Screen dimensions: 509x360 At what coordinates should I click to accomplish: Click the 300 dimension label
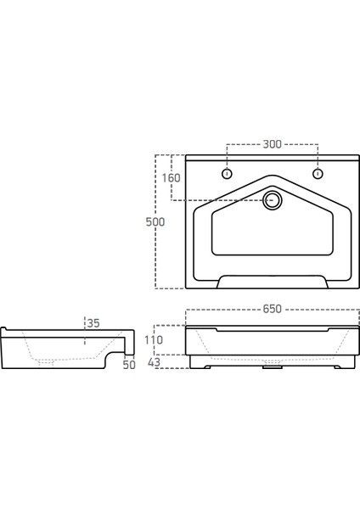[x=271, y=144]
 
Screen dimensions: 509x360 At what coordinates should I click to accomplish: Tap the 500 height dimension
[x=155, y=221]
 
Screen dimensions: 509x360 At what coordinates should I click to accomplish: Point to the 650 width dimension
[x=271, y=310]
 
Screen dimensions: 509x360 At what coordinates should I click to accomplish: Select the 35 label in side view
[x=93, y=323]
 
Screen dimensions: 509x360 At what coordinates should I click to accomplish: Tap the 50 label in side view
[x=129, y=365]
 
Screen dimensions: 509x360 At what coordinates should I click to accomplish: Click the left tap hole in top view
[x=227, y=175]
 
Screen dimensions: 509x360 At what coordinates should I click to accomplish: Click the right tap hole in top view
[x=318, y=175]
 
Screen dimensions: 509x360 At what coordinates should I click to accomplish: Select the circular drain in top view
[x=273, y=200]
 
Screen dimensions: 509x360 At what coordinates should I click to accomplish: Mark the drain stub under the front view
[x=272, y=366]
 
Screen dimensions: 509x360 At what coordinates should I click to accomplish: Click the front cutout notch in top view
[x=272, y=282]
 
